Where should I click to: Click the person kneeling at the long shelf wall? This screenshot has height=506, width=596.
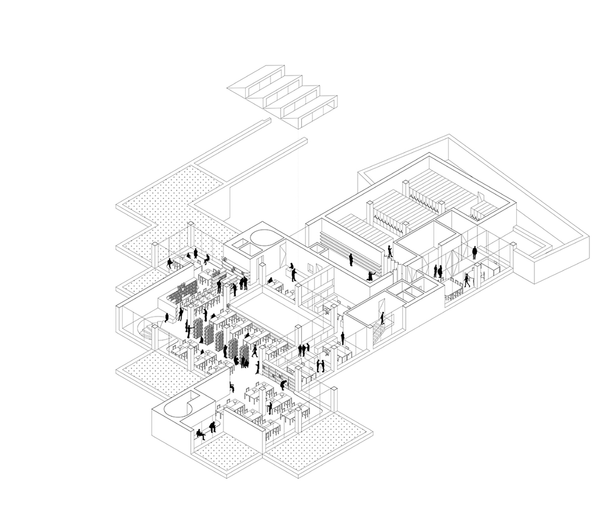pyautogui.click(x=371, y=276)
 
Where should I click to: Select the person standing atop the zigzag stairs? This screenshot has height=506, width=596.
pyautogui.click(x=390, y=252)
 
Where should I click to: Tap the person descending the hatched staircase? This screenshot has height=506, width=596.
pyautogui.click(x=382, y=318)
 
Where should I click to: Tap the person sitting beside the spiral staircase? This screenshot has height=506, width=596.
pyautogui.click(x=167, y=317)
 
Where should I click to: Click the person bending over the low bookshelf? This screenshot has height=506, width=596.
pyautogui.click(x=283, y=385)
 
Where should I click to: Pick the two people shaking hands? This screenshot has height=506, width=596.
pyautogui.click(x=320, y=366)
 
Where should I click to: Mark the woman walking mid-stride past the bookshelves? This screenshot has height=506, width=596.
pyautogui.click(x=255, y=351)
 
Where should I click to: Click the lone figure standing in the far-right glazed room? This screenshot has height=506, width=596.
pyautogui.click(x=474, y=253)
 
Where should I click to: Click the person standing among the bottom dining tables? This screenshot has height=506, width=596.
pyautogui.click(x=270, y=407)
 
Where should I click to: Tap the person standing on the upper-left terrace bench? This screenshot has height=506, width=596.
pyautogui.click(x=196, y=253)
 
